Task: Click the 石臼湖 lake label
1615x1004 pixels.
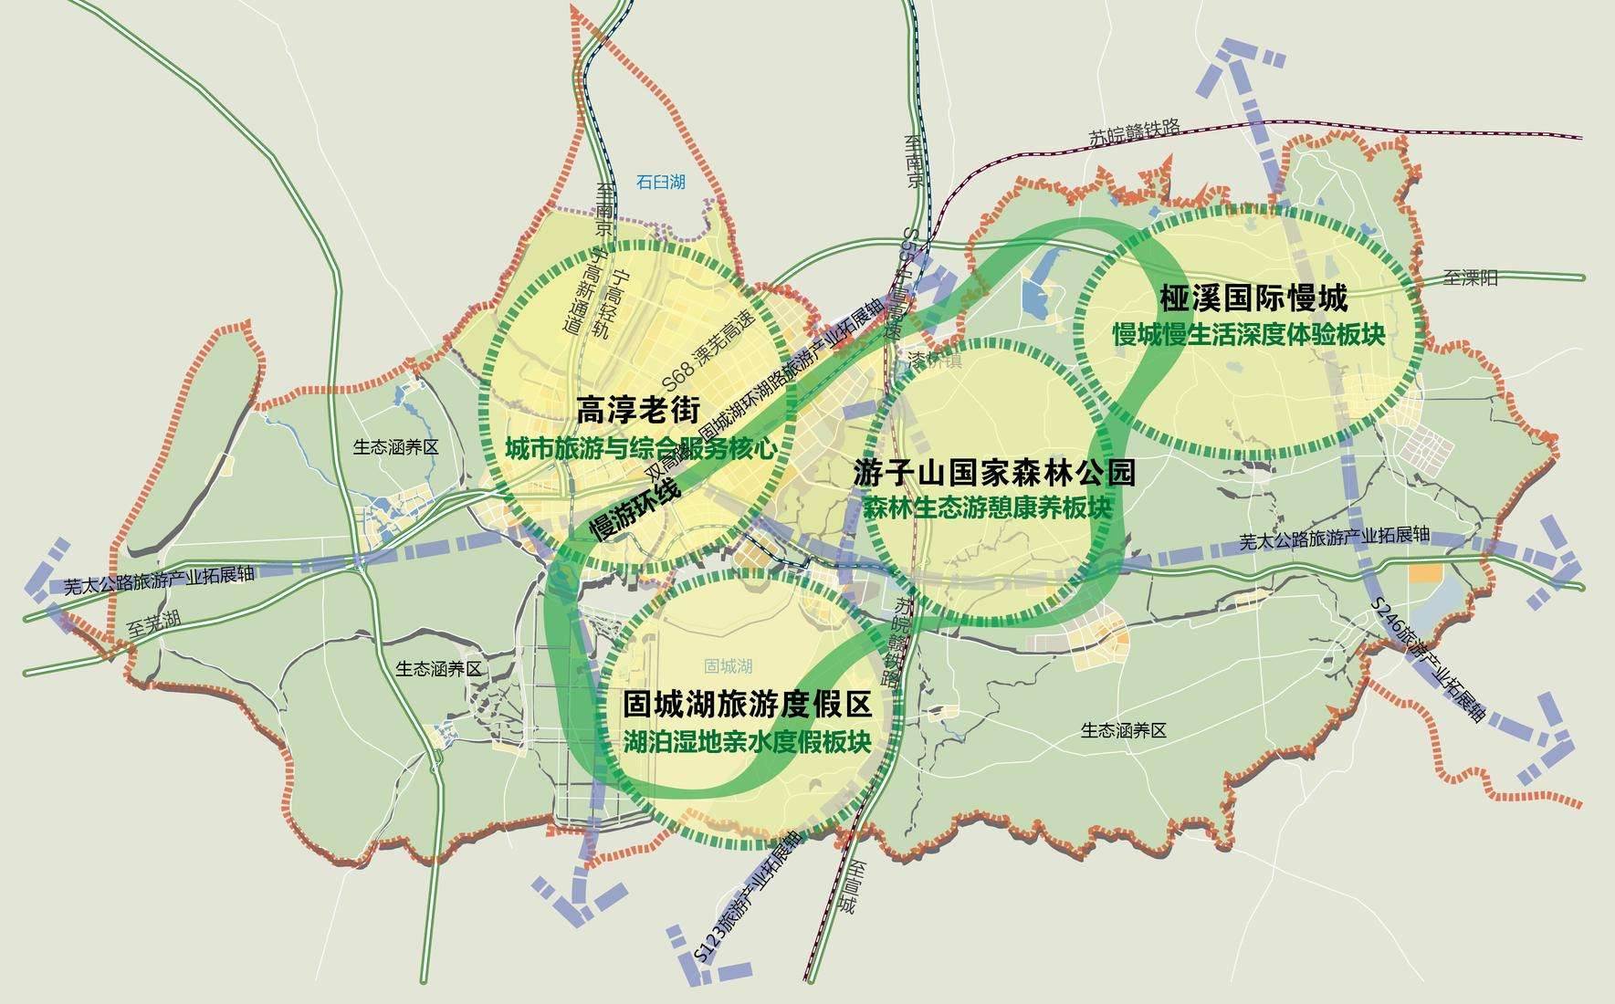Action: coord(661,183)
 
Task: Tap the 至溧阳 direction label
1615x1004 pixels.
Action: coord(1471,277)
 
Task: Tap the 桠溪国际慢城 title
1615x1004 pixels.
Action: coord(1253,298)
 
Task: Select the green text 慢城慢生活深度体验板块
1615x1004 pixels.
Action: coord(1249,335)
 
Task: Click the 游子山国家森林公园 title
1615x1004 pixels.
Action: coord(994,472)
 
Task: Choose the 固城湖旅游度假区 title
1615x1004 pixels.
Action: coord(747,705)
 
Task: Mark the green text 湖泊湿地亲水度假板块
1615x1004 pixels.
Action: coord(746,741)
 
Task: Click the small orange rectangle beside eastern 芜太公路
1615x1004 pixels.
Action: coord(1425,573)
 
